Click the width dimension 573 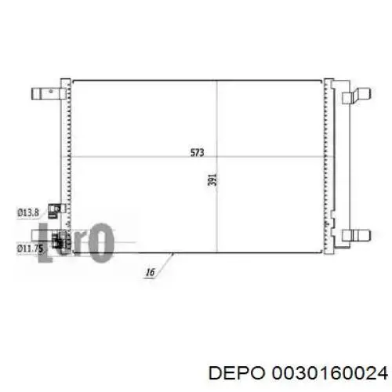pos(198,152)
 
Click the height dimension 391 pos(212,180)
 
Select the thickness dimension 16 pos(150,272)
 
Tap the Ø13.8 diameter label pos(28,212)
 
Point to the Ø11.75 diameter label pos(30,249)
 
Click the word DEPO pos(237,373)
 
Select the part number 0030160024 pos(330,373)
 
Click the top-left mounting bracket pos(49,93)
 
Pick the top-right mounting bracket pos(357,96)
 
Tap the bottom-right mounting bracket pos(357,235)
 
